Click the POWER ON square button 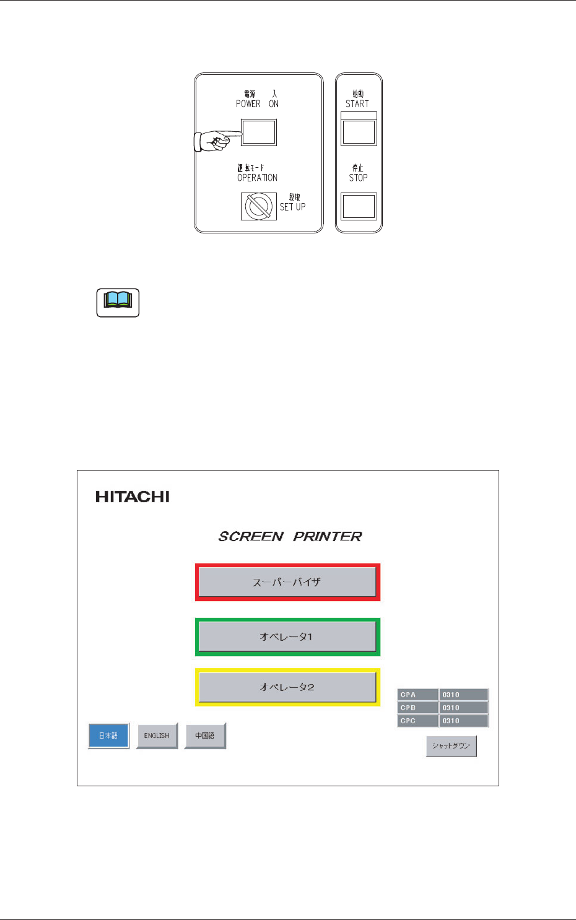click(x=259, y=132)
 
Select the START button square click(x=359, y=132)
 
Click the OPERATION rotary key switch click(x=259, y=206)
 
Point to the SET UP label click(x=292, y=207)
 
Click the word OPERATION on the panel click(x=257, y=178)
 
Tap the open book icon click(x=118, y=303)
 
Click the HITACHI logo click(x=133, y=497)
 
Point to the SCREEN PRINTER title click(x=290, y=536)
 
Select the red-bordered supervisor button click(x=287, y=582)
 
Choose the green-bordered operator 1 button click(x=287, y=636)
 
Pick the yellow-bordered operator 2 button click(x=287, y=687)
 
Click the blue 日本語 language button click(x=108, y=736)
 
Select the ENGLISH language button click(x=157, y=736)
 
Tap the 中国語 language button click(x=205, y=736)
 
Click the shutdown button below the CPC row click(x=451, y=746)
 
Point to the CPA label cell click(x=417, y=695)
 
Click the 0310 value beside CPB click(x=463, y=708)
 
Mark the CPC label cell click(x=417, y=721)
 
